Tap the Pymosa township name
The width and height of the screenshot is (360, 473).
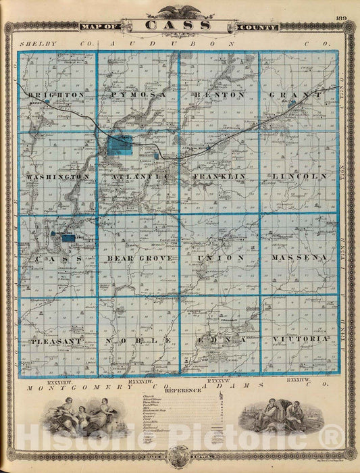pyautogui.click(x=138, y=95)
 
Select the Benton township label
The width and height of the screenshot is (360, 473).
pyautogui.click(x=219, y=95)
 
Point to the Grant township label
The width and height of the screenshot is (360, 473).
pyautogui.click(x=297, y=95)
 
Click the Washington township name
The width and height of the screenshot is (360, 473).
pyautogui.click(x=58, y=176)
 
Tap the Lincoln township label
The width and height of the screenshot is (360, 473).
pyautogui.click(x=301, y=176)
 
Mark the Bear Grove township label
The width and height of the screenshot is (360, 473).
pyautogui.click(x=139, y=258)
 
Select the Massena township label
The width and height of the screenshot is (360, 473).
pyautogui.click(x=299, y=258)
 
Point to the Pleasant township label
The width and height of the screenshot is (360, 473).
pyautogui.click(x=55, y=341)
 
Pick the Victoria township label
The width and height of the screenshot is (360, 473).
pyautogui.click(x=301, y=338)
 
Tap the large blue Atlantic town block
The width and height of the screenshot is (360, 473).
pyautogui.click(x=121, y=145)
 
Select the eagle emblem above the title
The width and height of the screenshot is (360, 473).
pyautogui.click(x=180, y=10)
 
